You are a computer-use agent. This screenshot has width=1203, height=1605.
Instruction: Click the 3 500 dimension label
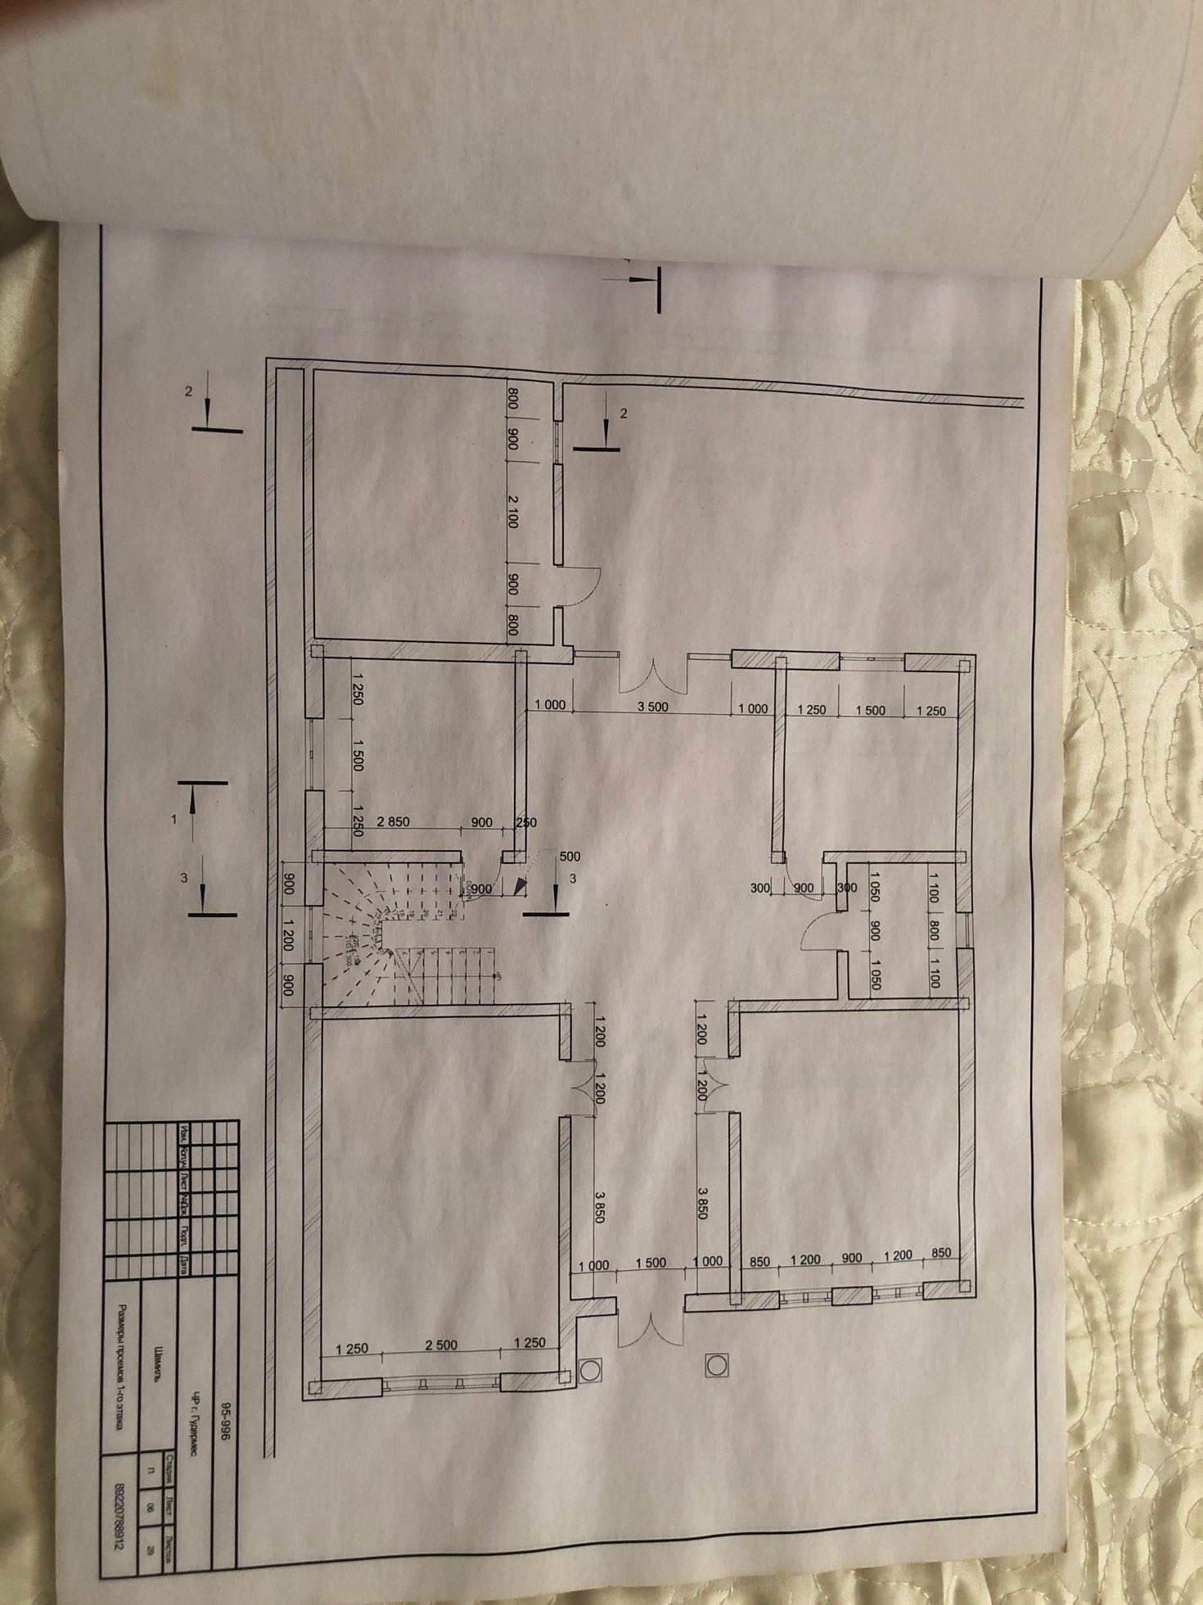[x=652, y=707]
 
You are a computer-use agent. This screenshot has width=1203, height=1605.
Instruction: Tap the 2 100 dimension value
[x=513, y=509]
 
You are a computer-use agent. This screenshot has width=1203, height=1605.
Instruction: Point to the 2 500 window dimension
[x=441, y=1345]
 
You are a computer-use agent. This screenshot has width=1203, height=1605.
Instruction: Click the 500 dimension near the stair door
[x=570, y=857]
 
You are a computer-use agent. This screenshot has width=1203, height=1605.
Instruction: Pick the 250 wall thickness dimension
[x=526, y=823]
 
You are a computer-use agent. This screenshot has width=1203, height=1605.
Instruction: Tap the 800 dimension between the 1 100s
[x=935, y=931]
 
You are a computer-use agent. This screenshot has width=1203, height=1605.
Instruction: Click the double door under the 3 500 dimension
[x=652, y=673]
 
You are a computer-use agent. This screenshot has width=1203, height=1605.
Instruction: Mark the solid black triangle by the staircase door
[x=518, y=885]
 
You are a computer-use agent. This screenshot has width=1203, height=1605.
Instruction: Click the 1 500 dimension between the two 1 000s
[x=651, y=1263]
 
